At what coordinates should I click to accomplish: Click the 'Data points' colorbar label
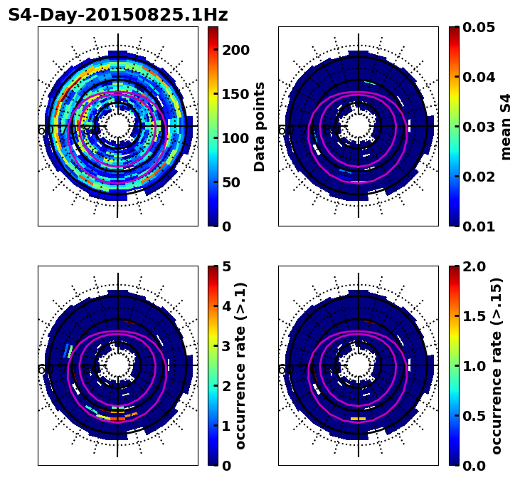260,126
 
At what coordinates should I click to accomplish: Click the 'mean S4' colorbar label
506,126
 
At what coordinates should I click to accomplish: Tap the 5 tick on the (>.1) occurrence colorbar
225,266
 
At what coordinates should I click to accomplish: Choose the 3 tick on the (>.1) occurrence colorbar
225,346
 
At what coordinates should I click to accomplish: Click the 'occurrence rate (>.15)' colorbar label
497,365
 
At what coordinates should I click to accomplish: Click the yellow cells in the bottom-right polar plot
359,419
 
